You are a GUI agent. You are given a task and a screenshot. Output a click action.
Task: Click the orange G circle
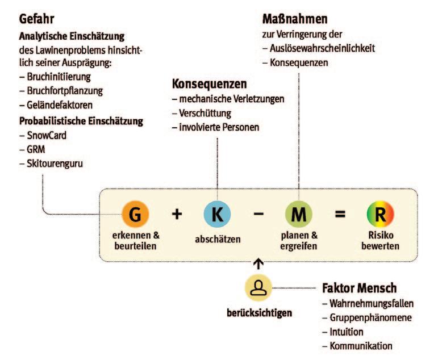[136, 214]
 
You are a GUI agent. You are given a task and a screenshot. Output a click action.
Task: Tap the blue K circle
[218, 214]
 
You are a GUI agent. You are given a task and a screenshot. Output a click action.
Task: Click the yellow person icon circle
[258, 286]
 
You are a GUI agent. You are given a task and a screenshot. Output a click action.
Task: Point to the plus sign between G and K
[177, 214]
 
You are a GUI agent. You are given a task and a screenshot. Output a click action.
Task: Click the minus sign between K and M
[258, 215]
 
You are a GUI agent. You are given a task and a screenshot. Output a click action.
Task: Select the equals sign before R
[340, 215]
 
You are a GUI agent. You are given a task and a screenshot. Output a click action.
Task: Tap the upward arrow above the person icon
[258, 262]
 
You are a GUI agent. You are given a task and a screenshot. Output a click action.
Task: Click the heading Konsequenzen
[209, 84]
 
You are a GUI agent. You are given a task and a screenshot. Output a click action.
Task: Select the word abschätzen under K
[218, 239]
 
